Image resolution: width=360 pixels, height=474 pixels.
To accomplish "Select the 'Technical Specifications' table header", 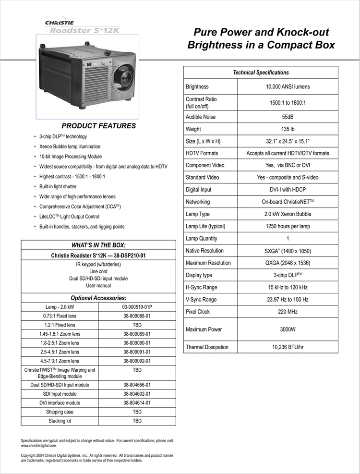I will click(261, 73).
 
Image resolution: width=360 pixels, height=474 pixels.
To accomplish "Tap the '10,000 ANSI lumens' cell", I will click(288, 87).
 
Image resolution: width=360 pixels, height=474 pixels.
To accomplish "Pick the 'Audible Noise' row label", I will click(201, 117).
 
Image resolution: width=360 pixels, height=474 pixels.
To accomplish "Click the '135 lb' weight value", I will click(288, 129).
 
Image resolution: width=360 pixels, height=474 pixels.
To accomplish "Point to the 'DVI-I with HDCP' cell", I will click(288, 190).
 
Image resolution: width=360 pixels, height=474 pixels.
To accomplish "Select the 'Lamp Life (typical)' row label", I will click(205, 226).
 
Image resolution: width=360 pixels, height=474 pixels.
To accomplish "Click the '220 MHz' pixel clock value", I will click(288, 312).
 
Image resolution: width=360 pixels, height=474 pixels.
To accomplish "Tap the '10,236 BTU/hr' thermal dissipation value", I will click(288, 347).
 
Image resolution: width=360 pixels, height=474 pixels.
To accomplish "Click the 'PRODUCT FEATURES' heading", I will click(99, 126).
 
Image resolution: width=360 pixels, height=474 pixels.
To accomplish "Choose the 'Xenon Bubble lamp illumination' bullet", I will click(70, 146).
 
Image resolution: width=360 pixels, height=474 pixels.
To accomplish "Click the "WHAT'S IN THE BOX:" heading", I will click(98, 245).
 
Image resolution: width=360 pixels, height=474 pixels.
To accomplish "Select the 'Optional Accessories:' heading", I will click(98, 298).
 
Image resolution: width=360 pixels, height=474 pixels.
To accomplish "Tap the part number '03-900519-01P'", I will click(137, 307).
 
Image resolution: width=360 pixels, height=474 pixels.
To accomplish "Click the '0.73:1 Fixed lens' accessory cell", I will click(60, 316).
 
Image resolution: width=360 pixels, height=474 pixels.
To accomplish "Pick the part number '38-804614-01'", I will click(137, 403).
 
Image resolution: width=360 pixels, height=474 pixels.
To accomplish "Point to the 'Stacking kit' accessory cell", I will click(60, 421).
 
